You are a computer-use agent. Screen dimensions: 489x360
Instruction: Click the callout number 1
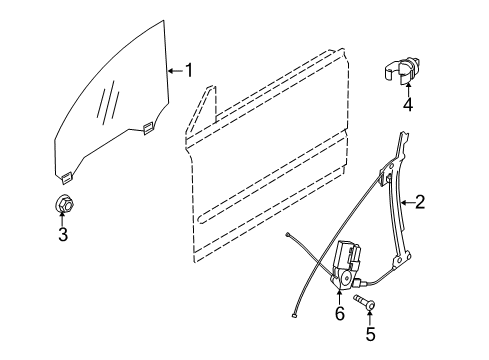(x=189, y=70)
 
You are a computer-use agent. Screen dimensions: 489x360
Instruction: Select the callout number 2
(x=420, y=202)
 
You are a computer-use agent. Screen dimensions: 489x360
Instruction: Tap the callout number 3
(x=63, y=234)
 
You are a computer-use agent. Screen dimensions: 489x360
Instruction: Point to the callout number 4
(x=408, y=104)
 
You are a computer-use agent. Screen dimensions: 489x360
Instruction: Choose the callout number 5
(x=370, y=334)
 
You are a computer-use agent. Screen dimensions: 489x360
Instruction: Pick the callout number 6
(x=339, y=314)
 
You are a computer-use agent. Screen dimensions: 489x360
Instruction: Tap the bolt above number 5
(x=364, y=301)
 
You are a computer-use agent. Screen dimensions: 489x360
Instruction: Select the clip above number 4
(x=401, y=70)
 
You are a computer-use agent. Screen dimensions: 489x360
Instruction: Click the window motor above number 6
(x=346, y=263)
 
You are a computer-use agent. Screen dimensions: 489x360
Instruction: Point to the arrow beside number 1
(x=176, y=71)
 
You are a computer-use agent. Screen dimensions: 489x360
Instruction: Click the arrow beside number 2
(x=407, y=202)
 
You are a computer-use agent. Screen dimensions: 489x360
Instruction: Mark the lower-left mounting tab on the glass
(x=67, y=177)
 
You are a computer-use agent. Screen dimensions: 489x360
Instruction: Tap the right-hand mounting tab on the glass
(x=148, y=128)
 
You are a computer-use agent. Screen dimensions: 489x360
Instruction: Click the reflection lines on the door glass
(x=108, y=100)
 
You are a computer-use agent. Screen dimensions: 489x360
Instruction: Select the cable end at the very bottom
(x=294, y=314)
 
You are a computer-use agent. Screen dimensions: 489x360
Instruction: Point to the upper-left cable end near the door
(x=288, y=236)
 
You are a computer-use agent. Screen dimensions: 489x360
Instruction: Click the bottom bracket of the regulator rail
(x=401, y=259)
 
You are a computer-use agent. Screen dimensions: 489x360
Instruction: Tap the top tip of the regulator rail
(x=404, y=133)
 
